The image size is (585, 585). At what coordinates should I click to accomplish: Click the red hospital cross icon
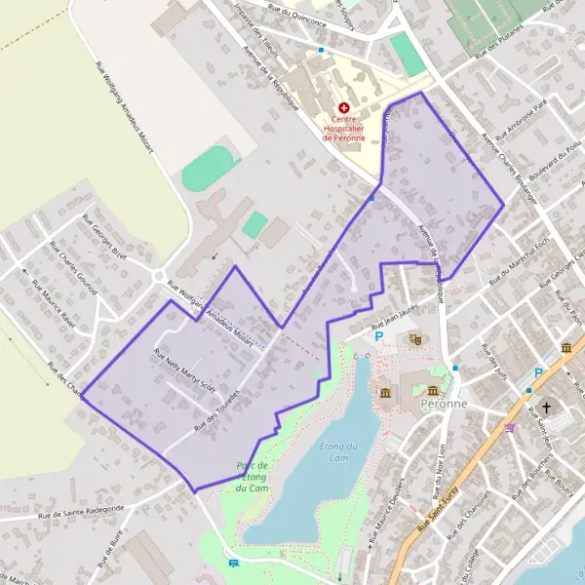(343, 108)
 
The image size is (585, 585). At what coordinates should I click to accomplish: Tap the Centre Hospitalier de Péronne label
(344, 128)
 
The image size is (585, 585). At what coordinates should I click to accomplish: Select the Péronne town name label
(445, 403)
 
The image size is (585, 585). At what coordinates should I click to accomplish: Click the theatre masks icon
(414, 339)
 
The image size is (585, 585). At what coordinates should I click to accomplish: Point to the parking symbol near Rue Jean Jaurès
(379, 336)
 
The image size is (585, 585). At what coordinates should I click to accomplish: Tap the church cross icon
(547, 408)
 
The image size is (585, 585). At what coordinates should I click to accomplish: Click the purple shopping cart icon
(508, 427)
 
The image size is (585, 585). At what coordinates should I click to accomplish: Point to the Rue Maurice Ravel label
(54, 304)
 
